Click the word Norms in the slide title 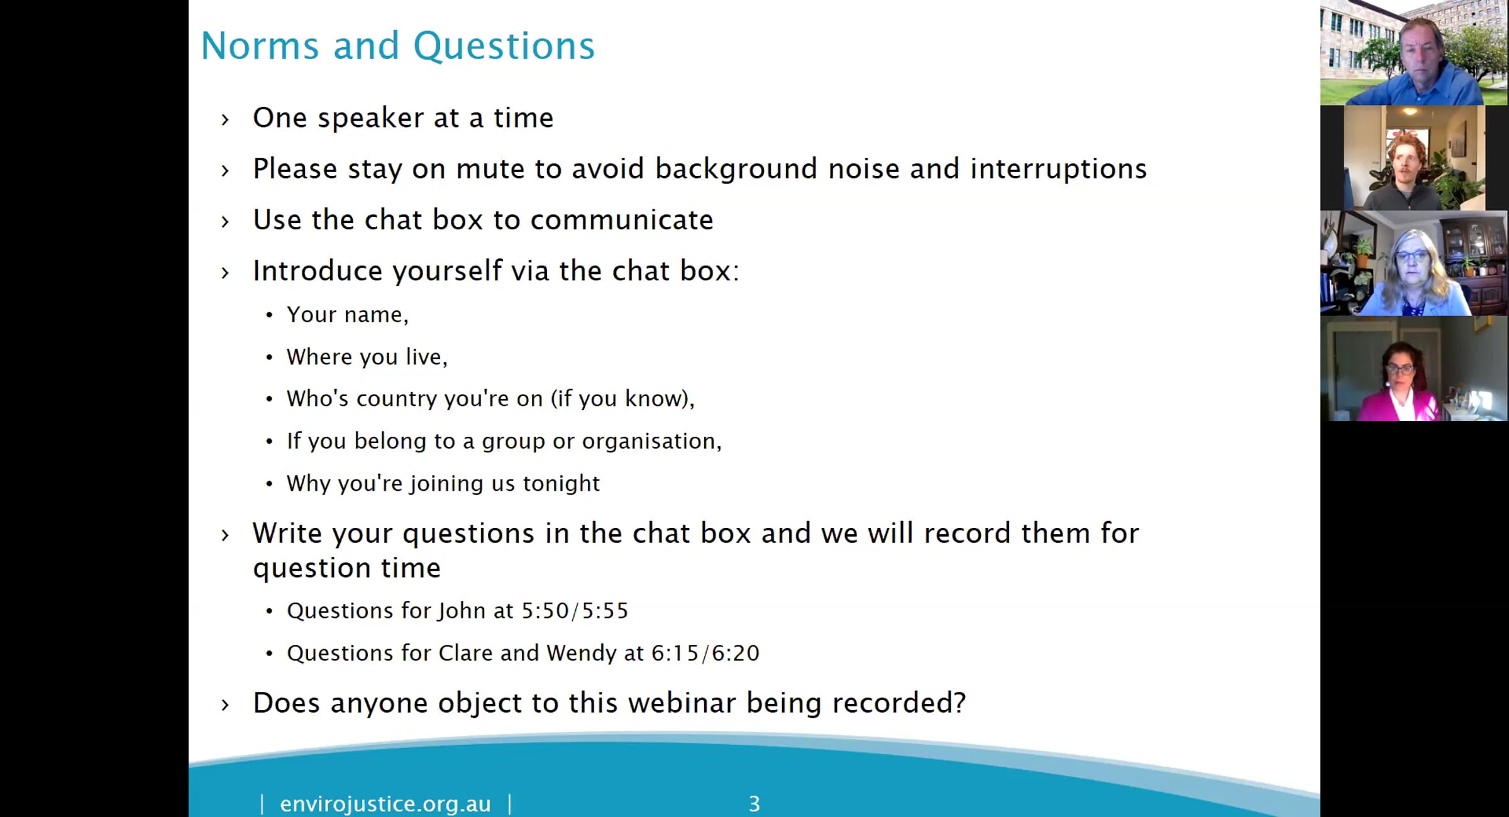(x=260, y=46)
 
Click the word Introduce (x=317, y=271)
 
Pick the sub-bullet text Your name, (x=347, y=315)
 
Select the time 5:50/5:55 (x=575, y=611)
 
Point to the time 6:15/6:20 (x=705, y=654)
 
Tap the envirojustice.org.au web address (x=385, y=804)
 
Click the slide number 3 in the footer (x=754, y=804)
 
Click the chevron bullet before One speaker (x=225, y=119)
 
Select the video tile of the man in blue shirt (x=1413, y=53)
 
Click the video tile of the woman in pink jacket (x=1413, y=369)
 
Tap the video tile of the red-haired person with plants (x=1414, y=158)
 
